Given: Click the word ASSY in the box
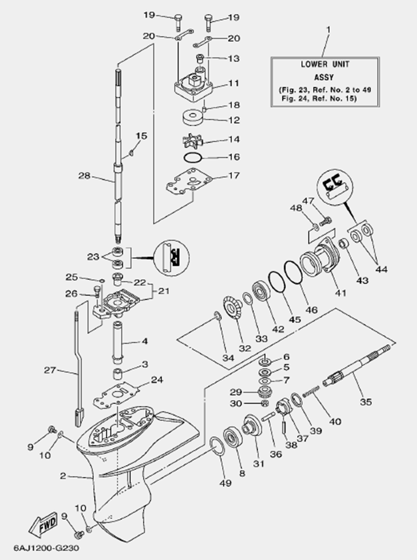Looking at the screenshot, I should point(325,76).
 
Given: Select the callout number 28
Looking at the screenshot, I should point(85,175).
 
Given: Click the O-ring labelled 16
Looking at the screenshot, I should point(194,158).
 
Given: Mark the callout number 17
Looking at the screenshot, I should point(234,175).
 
